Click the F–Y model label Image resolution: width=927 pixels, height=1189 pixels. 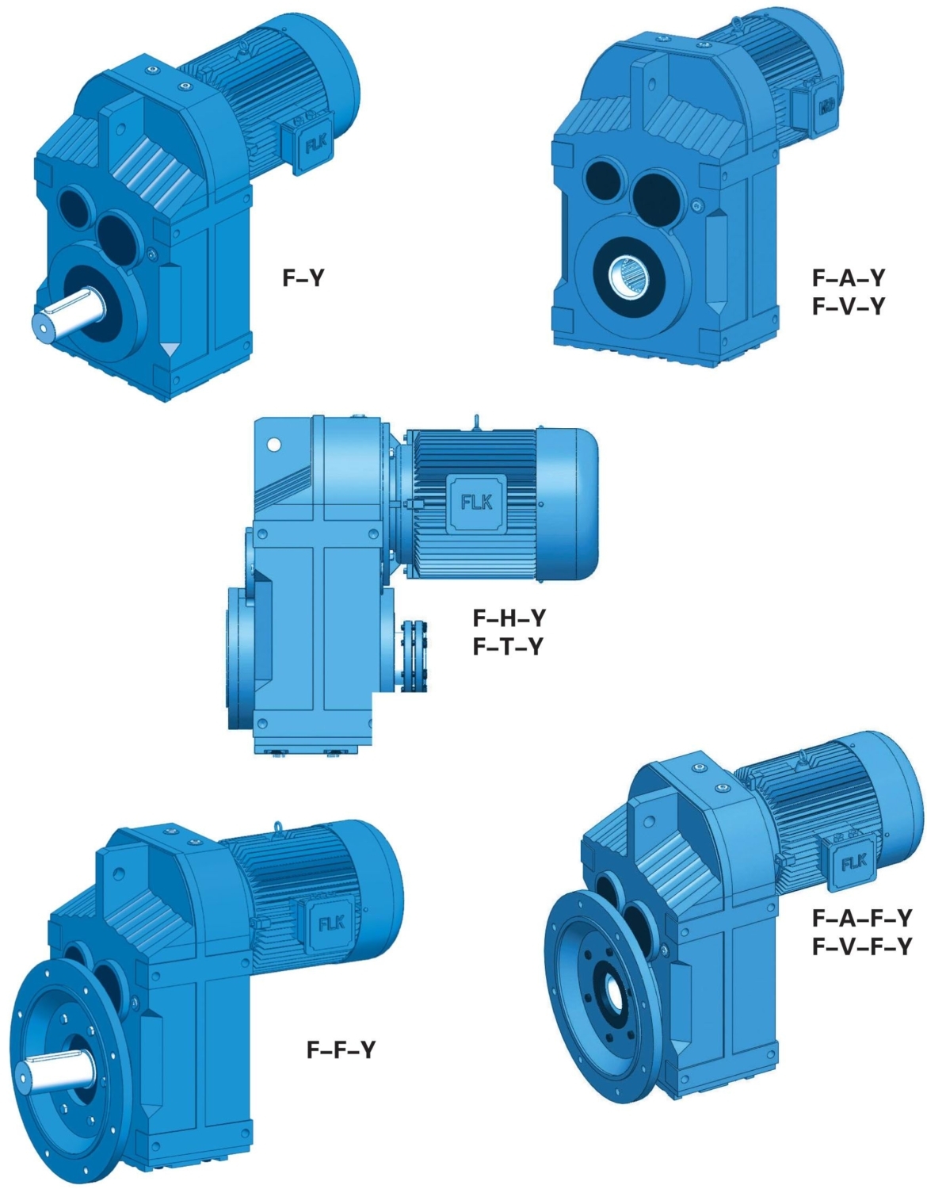coord(303,278)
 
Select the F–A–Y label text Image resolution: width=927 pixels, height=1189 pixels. coord(848,278)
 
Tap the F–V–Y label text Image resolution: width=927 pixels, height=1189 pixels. coord(848,307)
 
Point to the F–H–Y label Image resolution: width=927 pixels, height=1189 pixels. coord(509,617)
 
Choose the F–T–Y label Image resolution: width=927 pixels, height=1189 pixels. coord(509,647)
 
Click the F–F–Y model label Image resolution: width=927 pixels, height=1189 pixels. coord(341,1050)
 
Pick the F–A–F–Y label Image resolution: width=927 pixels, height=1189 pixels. coord(862,918)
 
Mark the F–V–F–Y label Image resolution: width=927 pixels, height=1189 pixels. coord(862,946)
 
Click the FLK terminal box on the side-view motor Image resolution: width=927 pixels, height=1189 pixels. coord(476,503)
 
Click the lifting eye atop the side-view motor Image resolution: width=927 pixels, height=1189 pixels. coord(477,422)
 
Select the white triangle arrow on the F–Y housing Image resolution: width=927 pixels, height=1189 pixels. coord(169,349)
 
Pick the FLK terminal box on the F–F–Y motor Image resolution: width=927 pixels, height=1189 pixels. coord(330,923)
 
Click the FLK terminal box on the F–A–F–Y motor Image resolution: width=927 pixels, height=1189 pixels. coord(853,862)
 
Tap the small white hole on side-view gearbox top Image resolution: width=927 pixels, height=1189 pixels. coord(274,444)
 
